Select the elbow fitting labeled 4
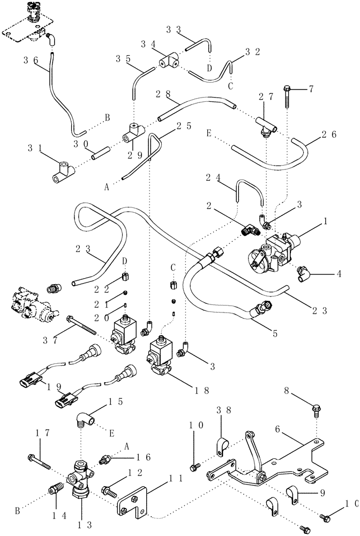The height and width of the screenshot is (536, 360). pyautogui.click(x=302, y=269)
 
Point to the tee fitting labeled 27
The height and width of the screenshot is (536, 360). pyautogui.click(x=266, y=126)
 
